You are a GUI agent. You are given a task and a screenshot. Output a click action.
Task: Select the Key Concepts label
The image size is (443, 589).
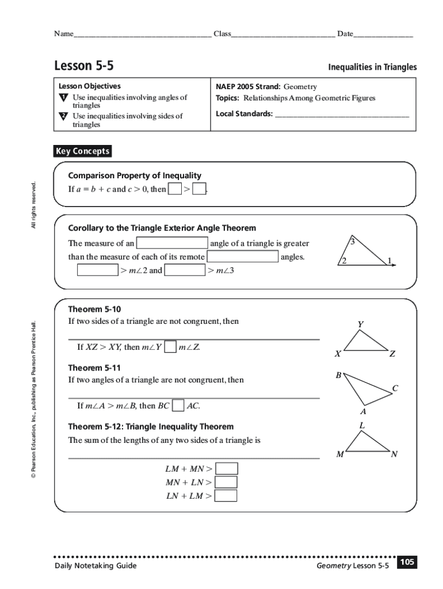click(x=82, y=151)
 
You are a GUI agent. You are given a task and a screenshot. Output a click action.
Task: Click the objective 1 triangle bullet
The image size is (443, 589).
click(x=63, y=98)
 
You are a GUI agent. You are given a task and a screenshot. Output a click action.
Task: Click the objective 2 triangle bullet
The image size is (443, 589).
click(x=63, y=116)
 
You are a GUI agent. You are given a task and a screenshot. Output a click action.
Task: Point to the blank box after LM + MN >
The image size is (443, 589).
click(x=226, y=469)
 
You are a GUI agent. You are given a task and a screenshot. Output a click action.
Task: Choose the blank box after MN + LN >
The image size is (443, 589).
click(x=226, y=482)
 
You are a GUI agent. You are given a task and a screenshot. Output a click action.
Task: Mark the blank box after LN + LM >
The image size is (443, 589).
click(x=226, y=495)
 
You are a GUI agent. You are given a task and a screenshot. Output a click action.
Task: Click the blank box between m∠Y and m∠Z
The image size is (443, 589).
click(x=170, y=347)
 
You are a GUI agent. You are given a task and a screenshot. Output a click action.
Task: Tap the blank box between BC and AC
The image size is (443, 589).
click(x=178, y=406)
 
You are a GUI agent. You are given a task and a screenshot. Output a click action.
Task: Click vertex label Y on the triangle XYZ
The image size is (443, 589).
click(x=360, y=324)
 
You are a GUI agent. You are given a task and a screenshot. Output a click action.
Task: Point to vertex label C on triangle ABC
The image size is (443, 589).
click(x=395, y=388)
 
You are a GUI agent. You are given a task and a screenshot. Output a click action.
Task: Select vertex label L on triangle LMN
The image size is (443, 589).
click(x=362, y=425)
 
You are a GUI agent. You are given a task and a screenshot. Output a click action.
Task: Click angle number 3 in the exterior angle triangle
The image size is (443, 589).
click(x=353, y=242)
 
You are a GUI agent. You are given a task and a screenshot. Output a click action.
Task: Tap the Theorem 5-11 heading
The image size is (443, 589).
click(x=94, y=368)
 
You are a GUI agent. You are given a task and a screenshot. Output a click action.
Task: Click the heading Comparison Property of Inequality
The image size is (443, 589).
click(x=135, y=175)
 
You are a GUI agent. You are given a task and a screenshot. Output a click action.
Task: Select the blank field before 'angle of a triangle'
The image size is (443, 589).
click(x=172, y=243)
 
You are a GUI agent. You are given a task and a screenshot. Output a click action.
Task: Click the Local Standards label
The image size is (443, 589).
click(x=244, y=113)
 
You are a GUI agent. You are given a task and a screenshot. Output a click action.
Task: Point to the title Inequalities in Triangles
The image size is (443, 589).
click(x=372, y=67)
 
